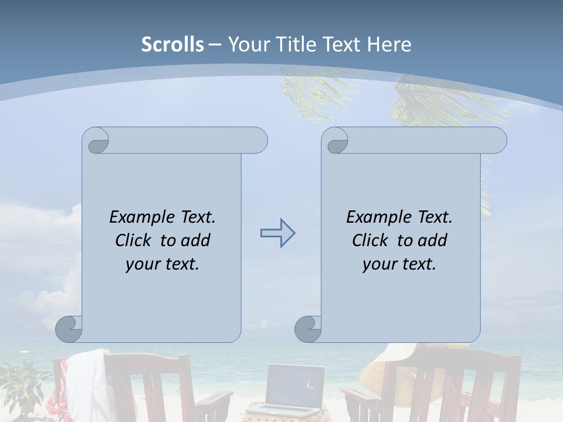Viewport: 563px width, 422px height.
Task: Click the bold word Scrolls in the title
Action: pyautogui.click(x=172, y=45)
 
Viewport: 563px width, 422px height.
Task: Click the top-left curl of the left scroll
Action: pyautogui.click(x=96, y=141)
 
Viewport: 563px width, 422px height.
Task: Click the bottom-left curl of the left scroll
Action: pyautogui.click(x=69, y=329)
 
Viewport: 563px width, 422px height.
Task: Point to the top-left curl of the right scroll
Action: pyautogui.click(x=335, y=141)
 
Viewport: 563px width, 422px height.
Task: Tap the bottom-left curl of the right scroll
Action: pyautogui.click(x=308, y=329)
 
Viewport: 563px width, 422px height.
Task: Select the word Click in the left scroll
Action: pyautogui.click(x=134, y=240)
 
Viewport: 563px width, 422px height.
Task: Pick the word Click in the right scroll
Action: pyautogui.click(x=371, y=240)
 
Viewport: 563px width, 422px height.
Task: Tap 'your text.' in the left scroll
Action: pyautogui.click(x=162, y=264)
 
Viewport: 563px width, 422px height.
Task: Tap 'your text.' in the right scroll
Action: pyautogui.click(x=399, y=264)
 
